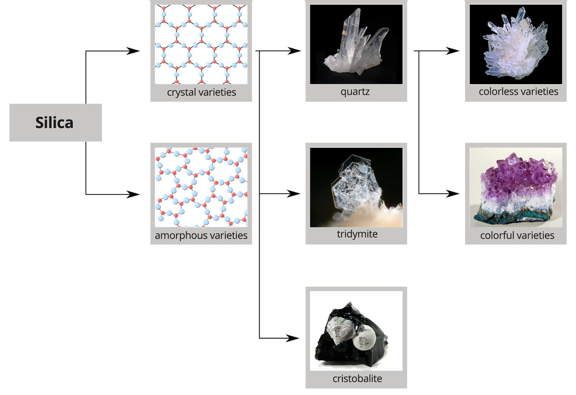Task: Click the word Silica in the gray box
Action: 54,123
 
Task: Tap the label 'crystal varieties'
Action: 201,92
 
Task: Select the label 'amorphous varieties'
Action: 201,235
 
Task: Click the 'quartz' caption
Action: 355,91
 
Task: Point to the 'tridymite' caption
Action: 357,234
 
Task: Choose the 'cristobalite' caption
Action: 357,378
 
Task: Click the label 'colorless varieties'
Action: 518,91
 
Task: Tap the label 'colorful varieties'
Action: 517,235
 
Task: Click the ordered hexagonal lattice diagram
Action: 201,44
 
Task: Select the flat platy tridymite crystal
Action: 355,183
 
